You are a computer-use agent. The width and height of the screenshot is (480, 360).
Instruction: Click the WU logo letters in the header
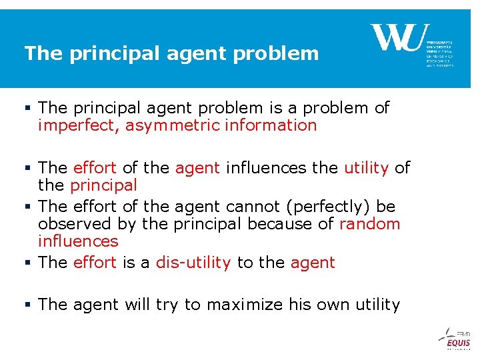396,37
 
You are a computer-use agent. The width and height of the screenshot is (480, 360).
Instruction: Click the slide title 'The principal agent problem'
171,53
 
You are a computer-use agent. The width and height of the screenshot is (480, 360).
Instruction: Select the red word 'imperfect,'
79,125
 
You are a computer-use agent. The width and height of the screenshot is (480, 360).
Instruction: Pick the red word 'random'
370,223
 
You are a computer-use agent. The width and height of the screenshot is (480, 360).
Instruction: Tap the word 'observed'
76,223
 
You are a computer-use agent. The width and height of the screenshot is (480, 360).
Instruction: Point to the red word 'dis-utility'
193,262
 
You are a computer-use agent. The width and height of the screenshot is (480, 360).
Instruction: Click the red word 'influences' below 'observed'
78,241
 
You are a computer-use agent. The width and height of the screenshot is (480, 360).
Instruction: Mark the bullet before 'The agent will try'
29,305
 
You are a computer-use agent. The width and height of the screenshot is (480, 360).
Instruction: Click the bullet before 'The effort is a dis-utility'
29,262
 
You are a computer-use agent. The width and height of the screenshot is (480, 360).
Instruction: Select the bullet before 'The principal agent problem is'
29,108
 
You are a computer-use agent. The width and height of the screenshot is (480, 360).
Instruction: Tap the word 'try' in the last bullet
167,305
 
